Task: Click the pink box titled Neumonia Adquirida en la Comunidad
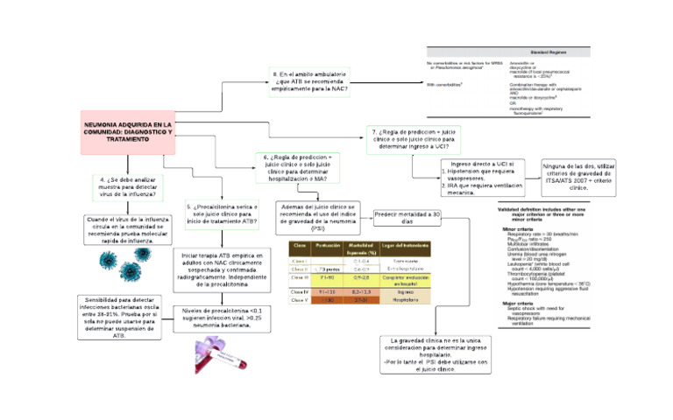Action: [128, 134]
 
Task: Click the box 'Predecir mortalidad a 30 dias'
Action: [407, 218]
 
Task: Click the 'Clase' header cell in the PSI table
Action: [299, 245]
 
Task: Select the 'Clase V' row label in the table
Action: [299, 299]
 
